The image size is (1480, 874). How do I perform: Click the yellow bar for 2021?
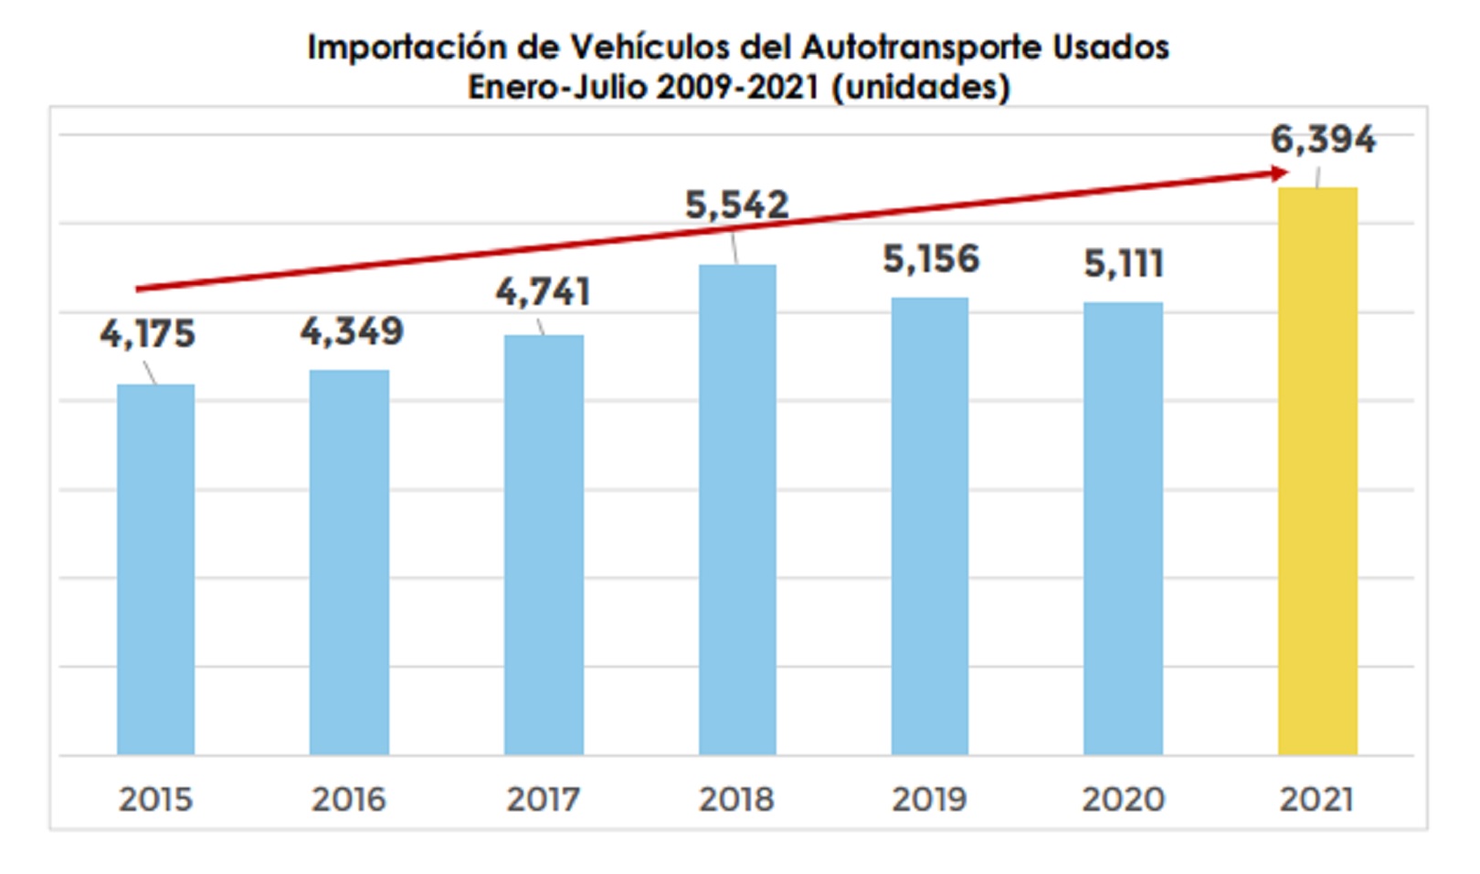coord(1317,471)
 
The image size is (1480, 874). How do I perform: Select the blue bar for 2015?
coord(155,569)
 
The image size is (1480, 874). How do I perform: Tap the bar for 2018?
coord(737,510)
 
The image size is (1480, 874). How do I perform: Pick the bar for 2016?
coord(349,562)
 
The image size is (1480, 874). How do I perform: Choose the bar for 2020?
coord(1123,528)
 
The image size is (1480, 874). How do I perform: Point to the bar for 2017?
coord(544,544)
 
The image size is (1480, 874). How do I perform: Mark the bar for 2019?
coord(930,526)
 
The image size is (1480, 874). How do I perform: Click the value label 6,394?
coord(1323,140)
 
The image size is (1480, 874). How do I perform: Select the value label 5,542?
coord(737,205)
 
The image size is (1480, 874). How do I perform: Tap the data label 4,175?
coord(148,334)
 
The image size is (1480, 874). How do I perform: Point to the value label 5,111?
coord(1124,264)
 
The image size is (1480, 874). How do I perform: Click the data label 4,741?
coord(544,292)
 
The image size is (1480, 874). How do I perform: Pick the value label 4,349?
coord(352,331)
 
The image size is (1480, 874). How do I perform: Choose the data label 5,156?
coord(931,259)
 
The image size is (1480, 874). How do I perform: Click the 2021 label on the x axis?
coord(1316,799)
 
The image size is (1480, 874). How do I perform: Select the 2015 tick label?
coord(155,799)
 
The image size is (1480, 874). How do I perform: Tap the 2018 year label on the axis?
coord(736,799)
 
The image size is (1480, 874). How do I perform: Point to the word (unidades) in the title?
coord(921,88)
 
